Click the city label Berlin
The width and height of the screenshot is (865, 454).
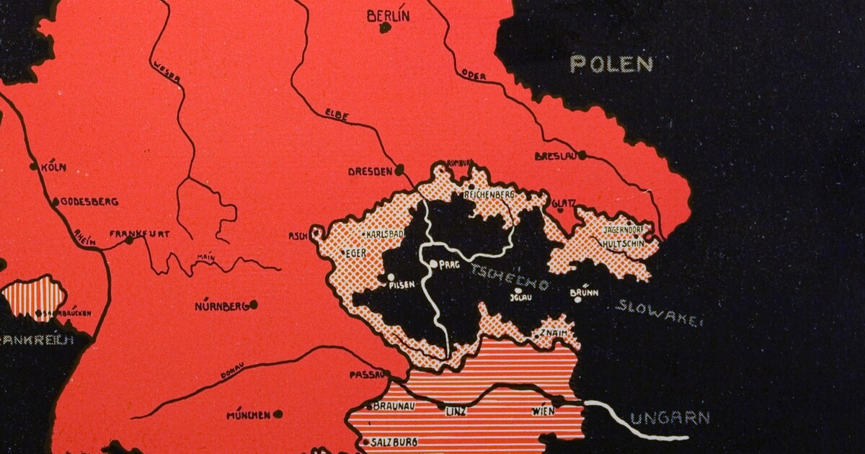pos(388,15)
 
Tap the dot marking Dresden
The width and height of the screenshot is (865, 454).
pos(399,171)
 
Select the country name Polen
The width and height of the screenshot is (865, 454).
pos(611,63)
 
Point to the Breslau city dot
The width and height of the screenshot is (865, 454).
pos(581,155)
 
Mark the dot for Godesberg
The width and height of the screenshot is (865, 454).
pos(56,202)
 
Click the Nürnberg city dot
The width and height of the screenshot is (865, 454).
pos(254,305)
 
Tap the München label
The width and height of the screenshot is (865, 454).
pos(248,415)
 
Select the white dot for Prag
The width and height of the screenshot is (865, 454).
pos(434,264)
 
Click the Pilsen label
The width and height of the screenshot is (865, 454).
pos(402,285)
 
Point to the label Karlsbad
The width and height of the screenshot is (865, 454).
pos(383,235)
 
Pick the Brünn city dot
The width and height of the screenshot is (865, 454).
pos(577,299)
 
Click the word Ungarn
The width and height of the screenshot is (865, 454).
pos(670,418)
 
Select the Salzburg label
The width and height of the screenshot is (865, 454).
pos(394,442)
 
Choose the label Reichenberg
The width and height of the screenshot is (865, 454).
pos(489,195)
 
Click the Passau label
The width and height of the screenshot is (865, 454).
pos(365,375)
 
